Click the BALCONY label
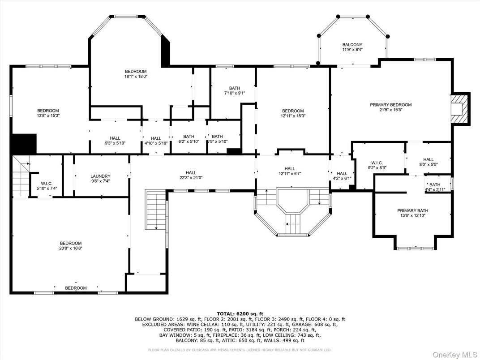(x=352, y=45)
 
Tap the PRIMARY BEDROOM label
(x=390, y=105)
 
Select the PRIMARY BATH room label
(x=412, y=210)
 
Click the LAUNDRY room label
(x=100, y=176)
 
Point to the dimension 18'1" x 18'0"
(x=136, y=77)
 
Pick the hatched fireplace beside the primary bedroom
(x=461, y=108)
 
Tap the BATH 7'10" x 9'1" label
(x=235, y=88)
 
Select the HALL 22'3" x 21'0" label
(x=191, y=173)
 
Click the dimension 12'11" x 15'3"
(x=293, y=116)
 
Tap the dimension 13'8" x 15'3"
(x=48, y=116)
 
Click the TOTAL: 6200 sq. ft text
(x=240, y=314)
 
